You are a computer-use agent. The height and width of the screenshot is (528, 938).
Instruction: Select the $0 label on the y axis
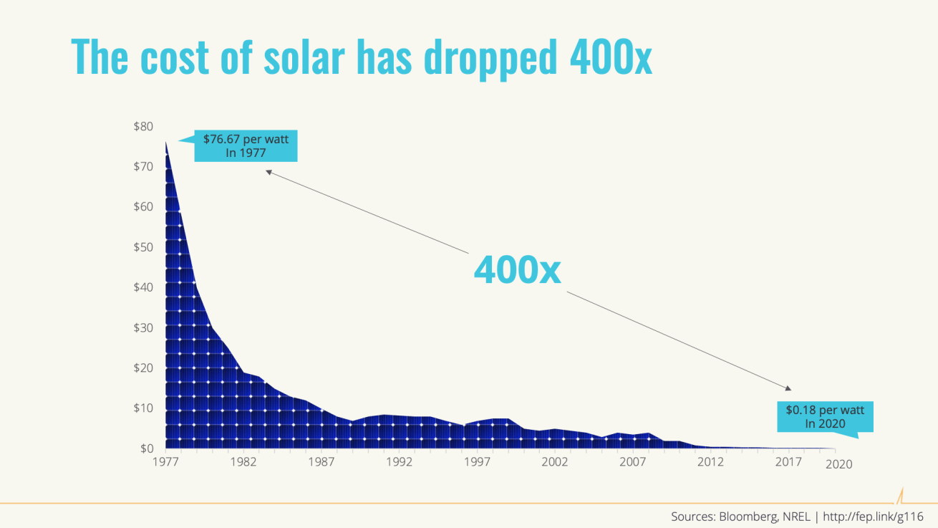tap(145, 448)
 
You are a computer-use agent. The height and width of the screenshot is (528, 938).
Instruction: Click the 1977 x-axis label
tap(165, 462)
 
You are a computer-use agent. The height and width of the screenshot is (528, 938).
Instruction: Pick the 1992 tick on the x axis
tap(399, 462)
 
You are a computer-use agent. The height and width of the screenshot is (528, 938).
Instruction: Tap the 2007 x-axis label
tap(632, 462)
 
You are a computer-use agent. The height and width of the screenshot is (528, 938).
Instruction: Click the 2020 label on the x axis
tap(838, 464)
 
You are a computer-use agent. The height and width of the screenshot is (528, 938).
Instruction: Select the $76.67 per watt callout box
tap(246, 145)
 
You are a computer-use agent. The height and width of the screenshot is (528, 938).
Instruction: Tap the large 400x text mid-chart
tap(517, 270)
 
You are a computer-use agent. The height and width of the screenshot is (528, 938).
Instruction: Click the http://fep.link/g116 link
tap(872, 516)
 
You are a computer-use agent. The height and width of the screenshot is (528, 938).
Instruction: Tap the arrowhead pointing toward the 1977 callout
tap(269, 171)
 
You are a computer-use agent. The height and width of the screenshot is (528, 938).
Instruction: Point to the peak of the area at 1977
tap(165, 142)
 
